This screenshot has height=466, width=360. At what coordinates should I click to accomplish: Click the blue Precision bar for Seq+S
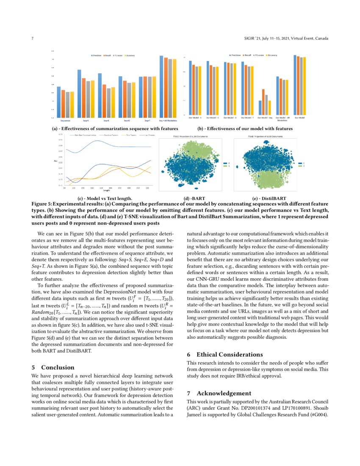[x=79, y=94]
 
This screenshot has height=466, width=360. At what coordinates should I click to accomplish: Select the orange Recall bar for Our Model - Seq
[x=263, y=102]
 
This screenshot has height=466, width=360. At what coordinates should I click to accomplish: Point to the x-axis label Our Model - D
[x=230, y=117]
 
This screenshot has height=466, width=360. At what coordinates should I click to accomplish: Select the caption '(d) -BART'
[x=192, y=198]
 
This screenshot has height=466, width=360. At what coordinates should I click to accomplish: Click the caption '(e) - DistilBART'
[x=269, y=198]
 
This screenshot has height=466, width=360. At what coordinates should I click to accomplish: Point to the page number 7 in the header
[x=33, y=39]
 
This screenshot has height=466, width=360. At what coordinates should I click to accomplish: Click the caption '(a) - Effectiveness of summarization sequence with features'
[x=115, y=128]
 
